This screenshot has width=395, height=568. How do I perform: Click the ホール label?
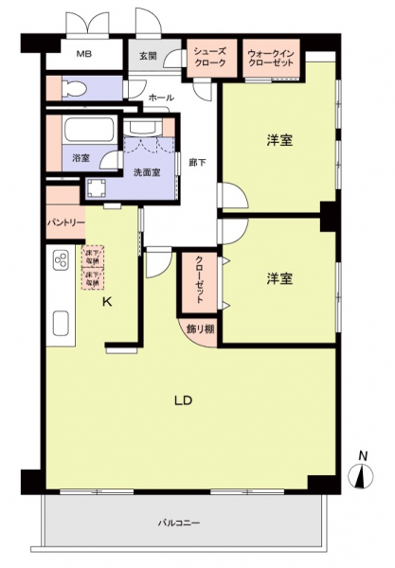[159, 98]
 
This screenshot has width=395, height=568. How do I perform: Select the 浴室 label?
[81, 158]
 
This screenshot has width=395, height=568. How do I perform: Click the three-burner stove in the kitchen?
[61, 260]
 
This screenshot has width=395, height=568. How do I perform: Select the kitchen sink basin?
[60, 327]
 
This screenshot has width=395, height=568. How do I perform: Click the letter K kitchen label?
[107, 302]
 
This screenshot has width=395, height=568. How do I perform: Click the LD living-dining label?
[184, 400]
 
